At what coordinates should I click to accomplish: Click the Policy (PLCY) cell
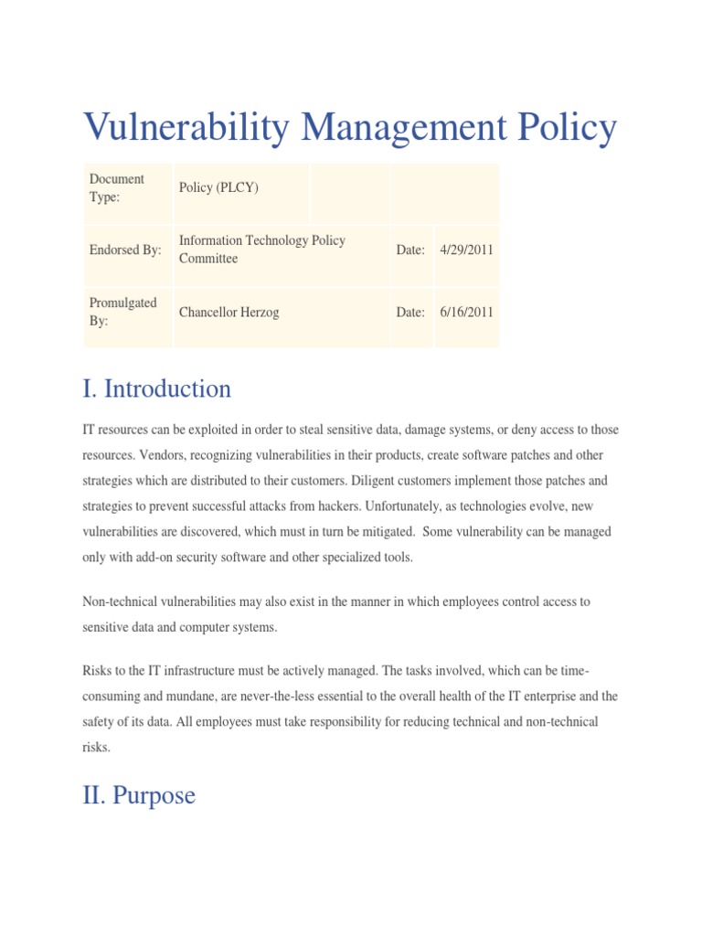(x=218, y=187)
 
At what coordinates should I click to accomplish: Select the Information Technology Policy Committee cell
(x=261, y=250)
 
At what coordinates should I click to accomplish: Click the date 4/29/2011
(x=466, y=250)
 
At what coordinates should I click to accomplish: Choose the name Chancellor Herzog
(x=229, y=312)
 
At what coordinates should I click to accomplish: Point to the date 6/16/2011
(x=466, y=312)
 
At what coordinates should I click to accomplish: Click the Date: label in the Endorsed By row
(x=410, y=250)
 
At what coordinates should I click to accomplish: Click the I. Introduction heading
(x=156, y=389)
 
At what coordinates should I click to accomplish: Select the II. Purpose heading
(x=139, y=795)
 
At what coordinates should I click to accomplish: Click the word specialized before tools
(x=350, y=557)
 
